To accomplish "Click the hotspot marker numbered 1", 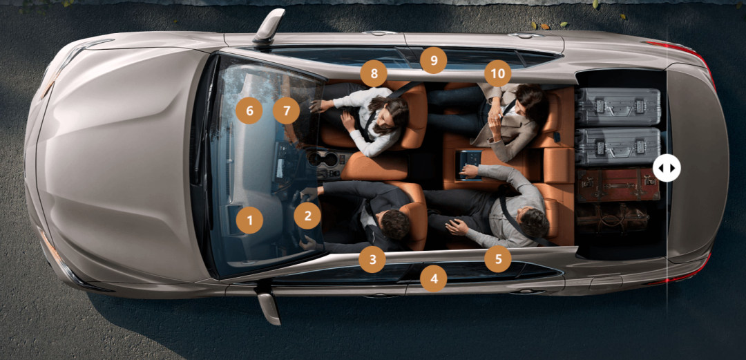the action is coord(249,220).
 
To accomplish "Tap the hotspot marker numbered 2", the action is coord(307,216).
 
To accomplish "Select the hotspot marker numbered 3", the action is coord(372,260).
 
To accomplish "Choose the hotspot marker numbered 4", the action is coord(433,278).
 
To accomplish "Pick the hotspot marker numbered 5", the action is coord(497,259).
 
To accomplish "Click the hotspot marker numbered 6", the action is coord(249,111).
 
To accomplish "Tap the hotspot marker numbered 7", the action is coord(287,111).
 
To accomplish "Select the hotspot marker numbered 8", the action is coord(374,73).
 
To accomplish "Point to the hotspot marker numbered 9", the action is coord(433,60).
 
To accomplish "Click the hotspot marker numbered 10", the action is coord(497,73).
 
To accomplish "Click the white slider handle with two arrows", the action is coord(667,168).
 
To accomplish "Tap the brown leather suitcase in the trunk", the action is coord(618,184).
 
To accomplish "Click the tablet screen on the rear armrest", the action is coord(468,164).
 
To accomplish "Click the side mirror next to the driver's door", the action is coord(268,307).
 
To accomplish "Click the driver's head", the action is coord(395,224).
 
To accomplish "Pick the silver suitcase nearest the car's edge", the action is coord(618,106).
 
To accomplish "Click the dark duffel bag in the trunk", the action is coord(613,218).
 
